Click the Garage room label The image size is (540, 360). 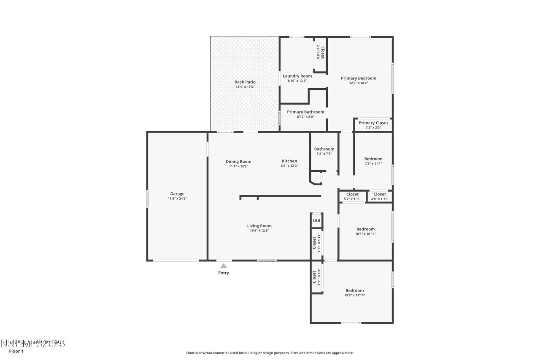pos(177,194)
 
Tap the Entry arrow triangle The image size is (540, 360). pos(224,265)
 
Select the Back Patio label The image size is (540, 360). pos(245,82)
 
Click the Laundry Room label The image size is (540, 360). pos(297,76)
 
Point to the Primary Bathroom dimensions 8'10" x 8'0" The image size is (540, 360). pos(305,117)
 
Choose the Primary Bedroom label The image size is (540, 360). pos(358,78)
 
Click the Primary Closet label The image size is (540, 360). pos(373,123)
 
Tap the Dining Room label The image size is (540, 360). pos(238,161)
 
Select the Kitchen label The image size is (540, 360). pos(289,161)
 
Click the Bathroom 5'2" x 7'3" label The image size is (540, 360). pos(324,149)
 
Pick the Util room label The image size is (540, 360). pos(316,220)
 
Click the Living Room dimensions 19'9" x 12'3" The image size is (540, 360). pos(259,231)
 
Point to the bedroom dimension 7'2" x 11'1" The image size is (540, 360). pos(373,164)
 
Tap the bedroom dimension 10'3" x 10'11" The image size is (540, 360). pos(365,234)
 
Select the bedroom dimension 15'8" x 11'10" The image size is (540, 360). pos(354,295)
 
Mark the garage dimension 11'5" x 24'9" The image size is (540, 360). pos(177,198)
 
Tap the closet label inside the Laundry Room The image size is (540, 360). pos(323,51)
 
